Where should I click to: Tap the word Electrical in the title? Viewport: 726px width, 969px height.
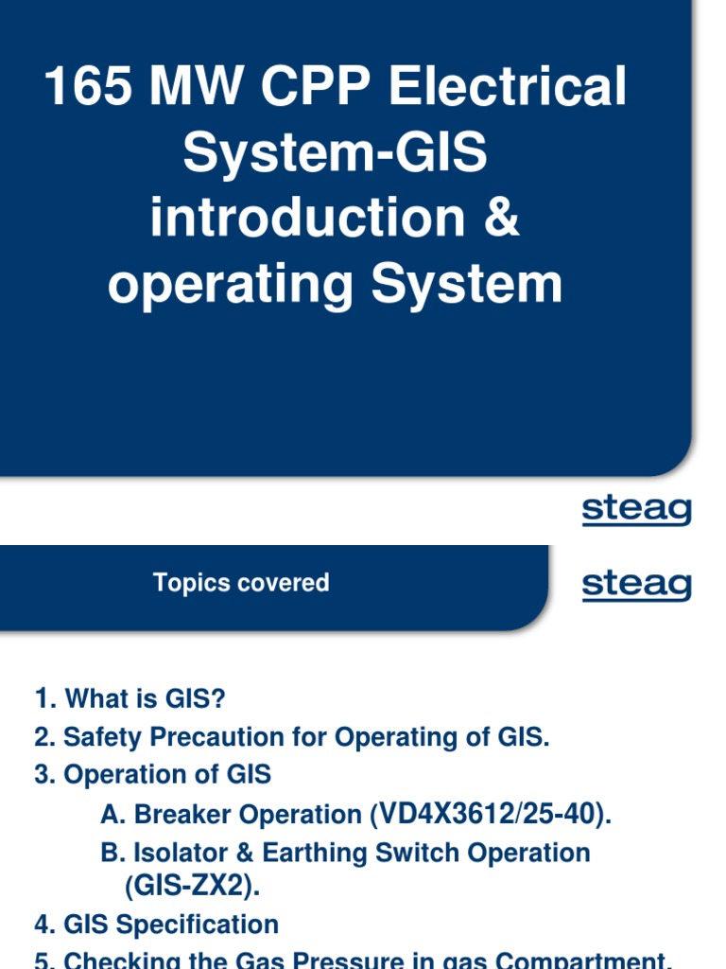click(x=508, y=89)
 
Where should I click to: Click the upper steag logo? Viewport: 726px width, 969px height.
click(x=636, y=511)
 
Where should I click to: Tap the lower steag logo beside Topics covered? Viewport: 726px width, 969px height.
click(x=636, y=585)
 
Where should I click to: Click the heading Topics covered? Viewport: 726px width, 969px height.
click(x=241, y=583)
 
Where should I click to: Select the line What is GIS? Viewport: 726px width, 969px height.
click(x=131, y=699)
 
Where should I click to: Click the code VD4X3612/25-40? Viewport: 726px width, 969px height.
click(x=491, y=814)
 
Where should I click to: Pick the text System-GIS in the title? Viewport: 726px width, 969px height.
click(x=336, y=153)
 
